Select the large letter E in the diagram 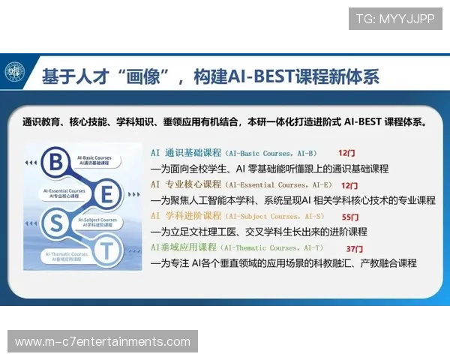106,195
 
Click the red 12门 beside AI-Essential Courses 349,184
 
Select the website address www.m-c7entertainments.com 102,342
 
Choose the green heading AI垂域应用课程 184,247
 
